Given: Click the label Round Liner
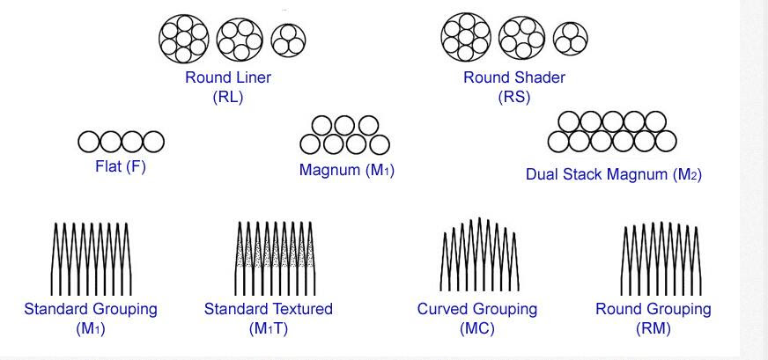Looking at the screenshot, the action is click(x=228, y=77).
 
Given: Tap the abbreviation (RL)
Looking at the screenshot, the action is click(x=228, y=97).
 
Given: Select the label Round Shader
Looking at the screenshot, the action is click(x=514, y=77).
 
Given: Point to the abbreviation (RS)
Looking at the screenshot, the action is click(x=514, y=97).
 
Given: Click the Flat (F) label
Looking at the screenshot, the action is click(x=121, y=167).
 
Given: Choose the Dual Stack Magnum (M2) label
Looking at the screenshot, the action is click(x=614, y=174).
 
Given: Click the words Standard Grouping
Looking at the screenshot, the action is click(x=91, y=309).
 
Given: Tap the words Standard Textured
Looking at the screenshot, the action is click(x=269, y=309).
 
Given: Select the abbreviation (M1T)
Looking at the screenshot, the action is click(x=269, y=328).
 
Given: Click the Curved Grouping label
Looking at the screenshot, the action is click(x=477, y=309).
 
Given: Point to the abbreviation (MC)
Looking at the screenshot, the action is click(x=477, y=328).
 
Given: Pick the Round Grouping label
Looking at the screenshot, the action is click(x=654, y=309).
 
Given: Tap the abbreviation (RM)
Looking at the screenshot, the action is click(x=654, y=328).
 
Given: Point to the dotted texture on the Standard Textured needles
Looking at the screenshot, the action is click(x=276, y=253).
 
